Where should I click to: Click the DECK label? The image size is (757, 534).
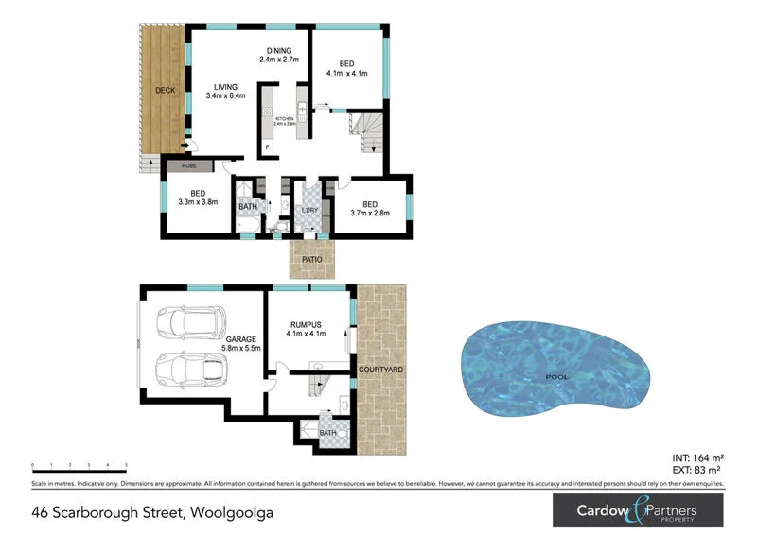tap(166, 91)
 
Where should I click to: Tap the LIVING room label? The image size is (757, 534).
tap(225, 87)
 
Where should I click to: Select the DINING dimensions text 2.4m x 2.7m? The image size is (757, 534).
tap(279, 60)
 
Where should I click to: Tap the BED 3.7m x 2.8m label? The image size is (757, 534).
tap(370, 209)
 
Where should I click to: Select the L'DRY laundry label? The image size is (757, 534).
tap(308, 211)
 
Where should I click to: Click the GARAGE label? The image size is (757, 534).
tap(240, 343)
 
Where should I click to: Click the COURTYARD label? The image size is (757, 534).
tap(378, 370)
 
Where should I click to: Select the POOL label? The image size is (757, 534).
tap(557, 376)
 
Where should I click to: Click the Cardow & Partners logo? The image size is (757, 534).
tap(638, 511)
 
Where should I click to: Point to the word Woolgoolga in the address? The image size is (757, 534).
tap(236, 513)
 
